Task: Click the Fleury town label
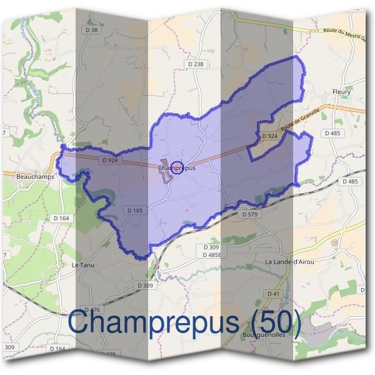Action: [342, 92]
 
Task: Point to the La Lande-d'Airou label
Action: [289, 261]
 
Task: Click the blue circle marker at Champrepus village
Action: [177, 167]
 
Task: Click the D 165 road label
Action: [136, 211]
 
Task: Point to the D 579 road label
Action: [249, 214]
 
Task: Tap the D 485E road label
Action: [212, 255]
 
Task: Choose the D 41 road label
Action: [273, 294]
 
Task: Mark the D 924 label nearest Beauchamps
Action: [109, 160]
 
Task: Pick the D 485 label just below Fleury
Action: [332, 133]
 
